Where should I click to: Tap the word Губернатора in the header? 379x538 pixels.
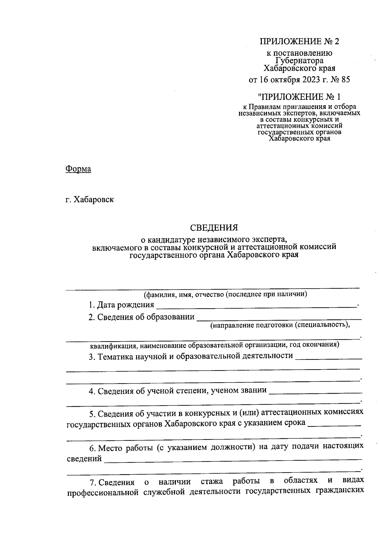point(299,60)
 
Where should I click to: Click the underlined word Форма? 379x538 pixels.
point(78,169)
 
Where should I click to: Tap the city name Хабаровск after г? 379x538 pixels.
point(93,200)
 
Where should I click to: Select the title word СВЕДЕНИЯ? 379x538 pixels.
point(214,227)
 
